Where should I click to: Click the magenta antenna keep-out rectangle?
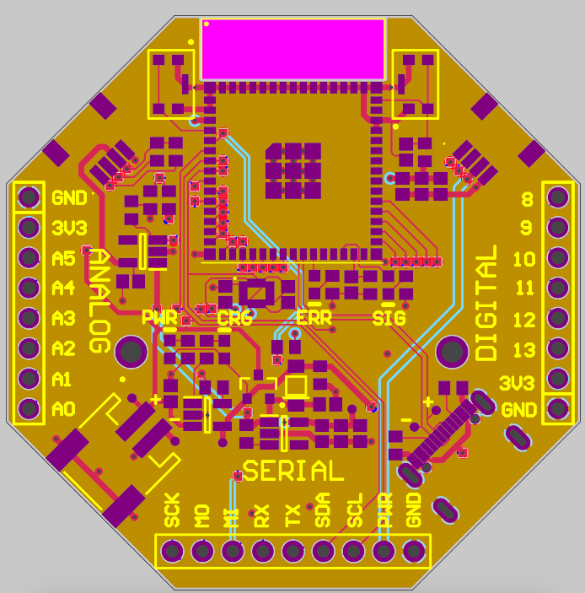pos(293,50)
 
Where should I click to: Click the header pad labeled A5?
pos(30,257)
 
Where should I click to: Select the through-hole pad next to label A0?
pos(30,408)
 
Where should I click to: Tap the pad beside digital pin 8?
pos(558,197)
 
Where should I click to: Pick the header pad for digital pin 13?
pos(558,348)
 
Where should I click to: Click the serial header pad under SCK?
pos(172,551)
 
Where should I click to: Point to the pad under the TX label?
pos(292,551)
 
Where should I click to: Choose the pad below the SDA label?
pos(323,551)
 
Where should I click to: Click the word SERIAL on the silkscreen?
pos(293,471)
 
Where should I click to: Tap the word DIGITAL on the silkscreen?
pos(486,303)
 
